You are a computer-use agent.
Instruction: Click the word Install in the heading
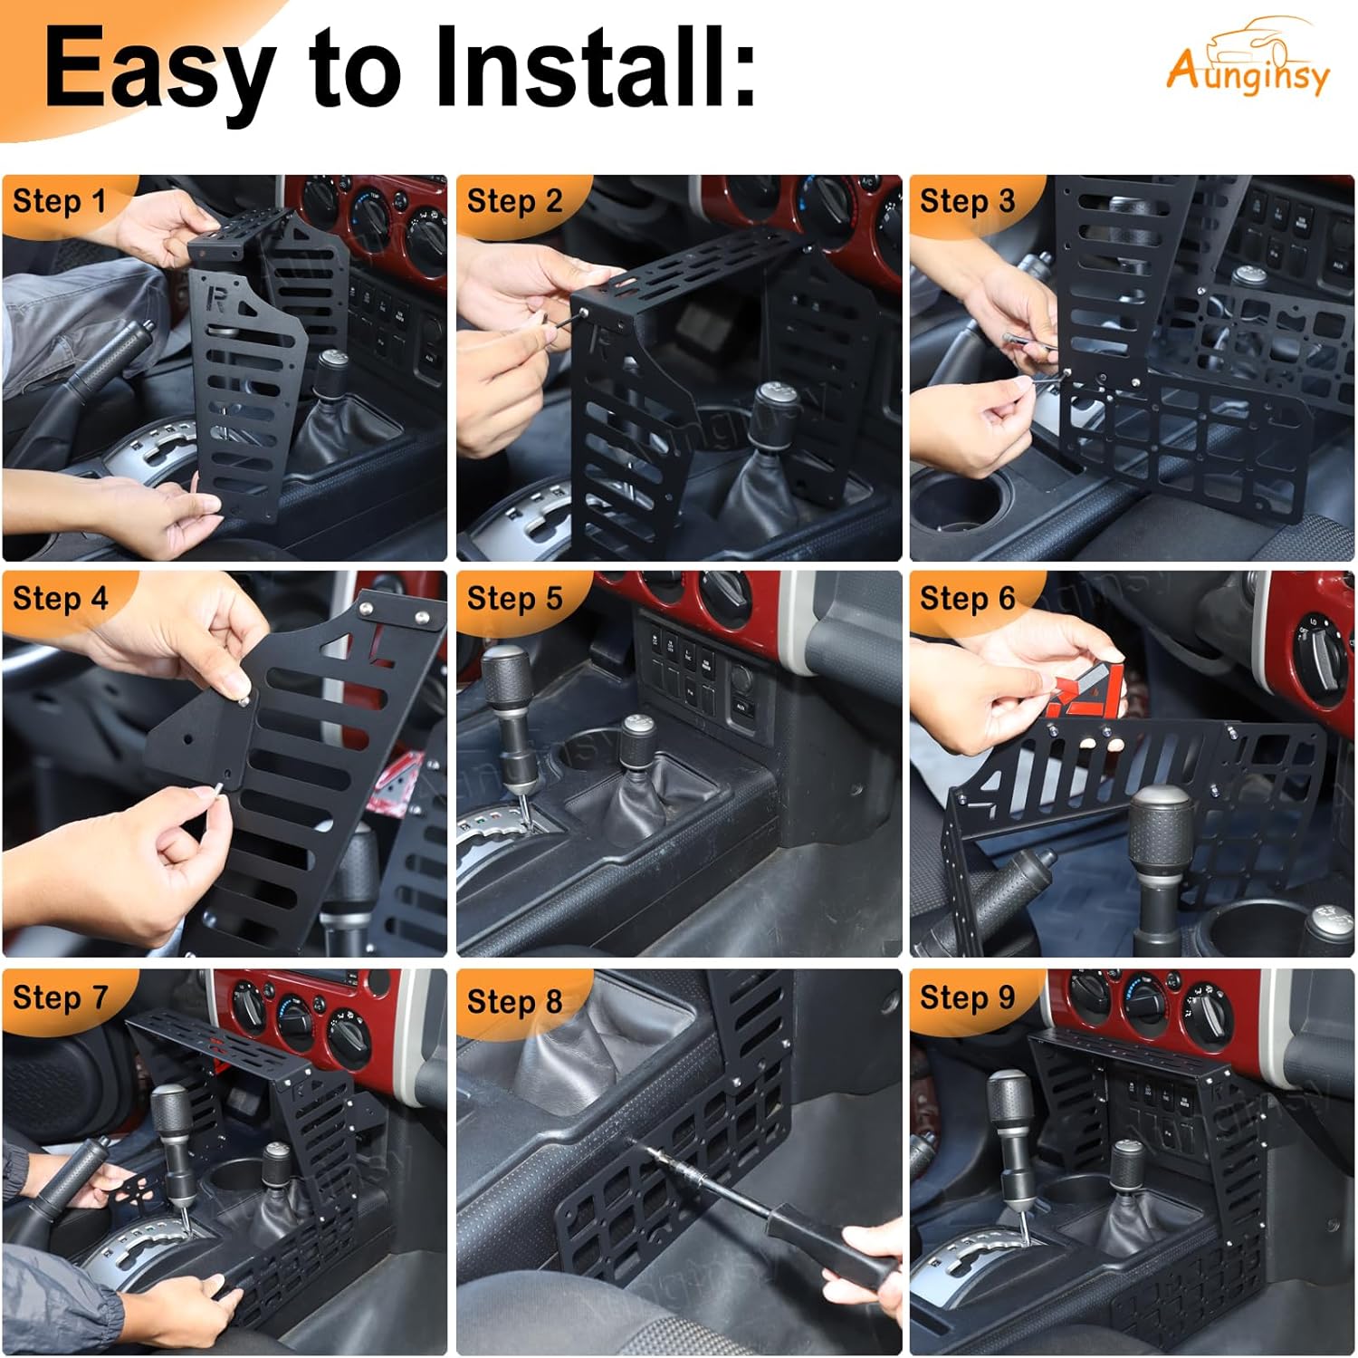[x=594, y=69]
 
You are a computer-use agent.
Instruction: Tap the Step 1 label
[x=59, y=201]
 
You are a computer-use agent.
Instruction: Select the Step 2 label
[x=514, y=201]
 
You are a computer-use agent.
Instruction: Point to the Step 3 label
[x=967, y=201]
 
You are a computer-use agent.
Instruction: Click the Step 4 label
[x=60, y=599]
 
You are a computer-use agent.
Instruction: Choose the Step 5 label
[x=514, y=599]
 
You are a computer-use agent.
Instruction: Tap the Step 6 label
[x=967, y=599]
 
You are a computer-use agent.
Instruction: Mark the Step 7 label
[x=60, y=997]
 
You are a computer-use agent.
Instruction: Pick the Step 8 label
[x=514, y=1001]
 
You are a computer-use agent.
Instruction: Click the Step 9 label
[x=967, y=997]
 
